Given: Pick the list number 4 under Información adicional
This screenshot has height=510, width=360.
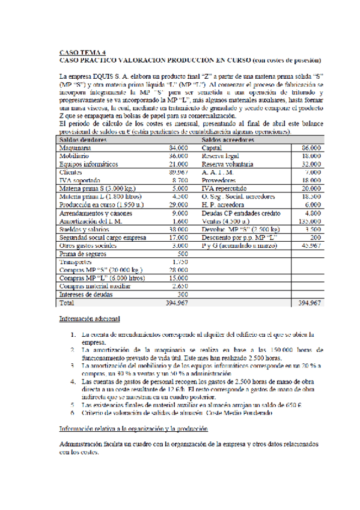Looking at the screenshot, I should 72,381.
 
